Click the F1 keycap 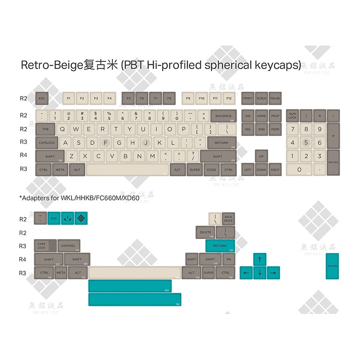click(x=69, y=98)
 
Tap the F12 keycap click(x=229, y=98)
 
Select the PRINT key click(x=248, y=98)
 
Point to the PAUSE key click(x=275, y=98)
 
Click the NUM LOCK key click(x=292, y=116)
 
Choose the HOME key click(x=261, y=116)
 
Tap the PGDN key click(x=275, y=129)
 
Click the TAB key click(x=45, y=129)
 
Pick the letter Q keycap click(x=62, y=129)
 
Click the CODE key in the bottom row click(x=211, y=169)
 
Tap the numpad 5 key click(x=306, y=143)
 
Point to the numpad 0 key click(x=299, y=169)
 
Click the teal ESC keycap click(x=54, y=219)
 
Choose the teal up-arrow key click(x=259, y=260)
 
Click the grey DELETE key click(x=205, y=232)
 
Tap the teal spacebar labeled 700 click(x=134, y=300)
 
